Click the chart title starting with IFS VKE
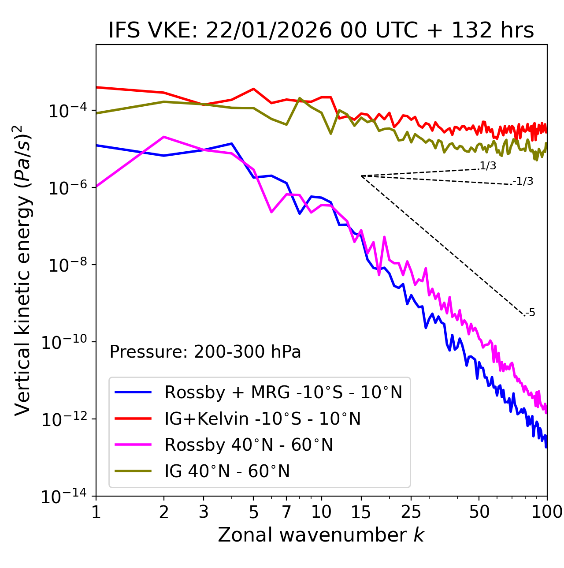[x=321, y=31]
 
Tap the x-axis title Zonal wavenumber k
[x=321, y=534]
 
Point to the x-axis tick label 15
[x=361, y=512]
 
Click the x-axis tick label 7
[x=286, y=512]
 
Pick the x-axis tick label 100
[x=547, y=512]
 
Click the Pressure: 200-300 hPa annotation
[x=205, y=352]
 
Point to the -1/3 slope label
[x=523, y=181]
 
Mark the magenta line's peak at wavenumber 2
[x=164, y=137]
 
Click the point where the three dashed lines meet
[x=361, y=176]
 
